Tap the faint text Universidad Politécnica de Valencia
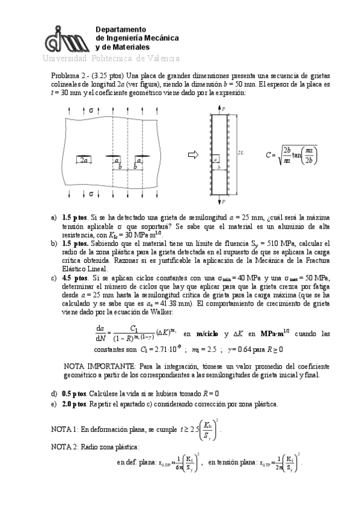pos(111,58)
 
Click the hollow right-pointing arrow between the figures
pos(194,155)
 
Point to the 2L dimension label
pos(240,153)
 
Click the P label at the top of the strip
pos(224,108)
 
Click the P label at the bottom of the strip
pos(224,203)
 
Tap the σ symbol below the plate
pos(91,194)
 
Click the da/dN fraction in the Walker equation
pos(100,333)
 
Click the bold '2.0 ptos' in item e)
pos(75,404)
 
